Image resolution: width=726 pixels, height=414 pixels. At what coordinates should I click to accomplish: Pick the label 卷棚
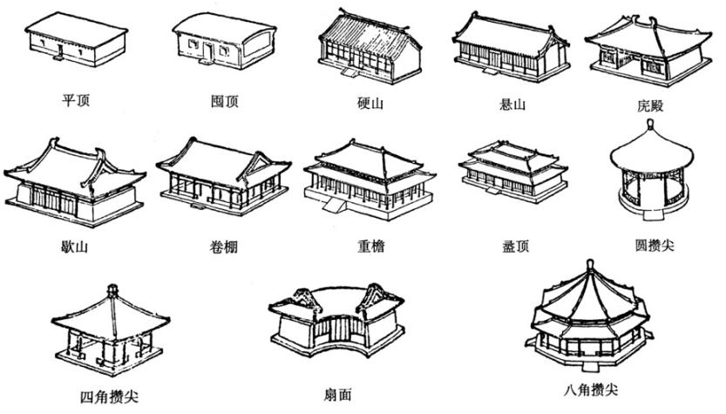[218, 247]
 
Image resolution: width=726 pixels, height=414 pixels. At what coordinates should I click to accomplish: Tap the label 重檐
[370, 247]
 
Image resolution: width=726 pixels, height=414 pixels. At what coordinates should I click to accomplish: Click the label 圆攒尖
[650, 247]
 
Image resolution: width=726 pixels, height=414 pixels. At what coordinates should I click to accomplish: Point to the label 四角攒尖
[109, 397]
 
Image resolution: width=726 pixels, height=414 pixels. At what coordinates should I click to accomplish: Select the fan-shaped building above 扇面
[336, 322]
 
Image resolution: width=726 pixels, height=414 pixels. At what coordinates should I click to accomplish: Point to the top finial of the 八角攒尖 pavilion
[590, 263]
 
